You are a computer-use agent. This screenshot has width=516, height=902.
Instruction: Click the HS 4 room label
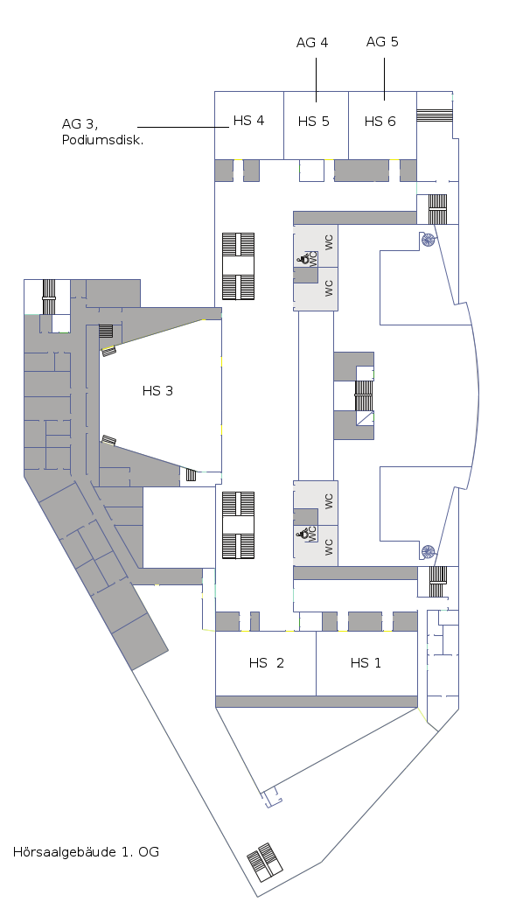click(x=248, y=120)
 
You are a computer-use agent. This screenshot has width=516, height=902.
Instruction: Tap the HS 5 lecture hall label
click(x=313, y=122)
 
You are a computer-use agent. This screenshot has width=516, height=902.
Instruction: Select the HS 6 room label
click(x=380, y=122)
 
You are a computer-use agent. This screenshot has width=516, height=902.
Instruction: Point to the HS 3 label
click(x=157, y=391)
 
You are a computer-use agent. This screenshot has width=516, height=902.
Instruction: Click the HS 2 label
click(x=267, y=662)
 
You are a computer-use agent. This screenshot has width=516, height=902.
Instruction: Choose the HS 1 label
click(x=366, y=662)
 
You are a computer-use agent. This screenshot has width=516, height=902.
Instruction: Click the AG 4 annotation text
click(x=312, y=43)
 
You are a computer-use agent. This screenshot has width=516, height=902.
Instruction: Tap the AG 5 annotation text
click(x=382, y=41)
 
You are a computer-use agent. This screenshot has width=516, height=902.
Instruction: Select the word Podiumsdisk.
click(x=103, y=140)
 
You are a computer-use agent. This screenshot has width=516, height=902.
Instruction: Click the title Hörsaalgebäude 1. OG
click(x=86, y=851)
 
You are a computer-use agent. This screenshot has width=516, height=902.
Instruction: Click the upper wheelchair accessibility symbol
click(x=302, y=260)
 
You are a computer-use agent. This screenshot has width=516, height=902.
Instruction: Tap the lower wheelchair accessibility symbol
click(x=302, y=535)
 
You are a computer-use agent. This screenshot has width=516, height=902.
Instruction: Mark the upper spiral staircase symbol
click(x=428, y=240)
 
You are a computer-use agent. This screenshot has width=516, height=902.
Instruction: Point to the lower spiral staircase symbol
click(x=428, y=552)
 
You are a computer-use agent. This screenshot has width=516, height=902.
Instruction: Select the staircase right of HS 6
click(x=435, y=115)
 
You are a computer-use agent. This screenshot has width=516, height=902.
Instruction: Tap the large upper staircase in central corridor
click(x=238, y=266)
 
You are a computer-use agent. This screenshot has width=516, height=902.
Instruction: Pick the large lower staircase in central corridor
click(x=238, y=525)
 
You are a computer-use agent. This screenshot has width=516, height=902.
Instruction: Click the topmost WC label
click(x=329, y=242)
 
